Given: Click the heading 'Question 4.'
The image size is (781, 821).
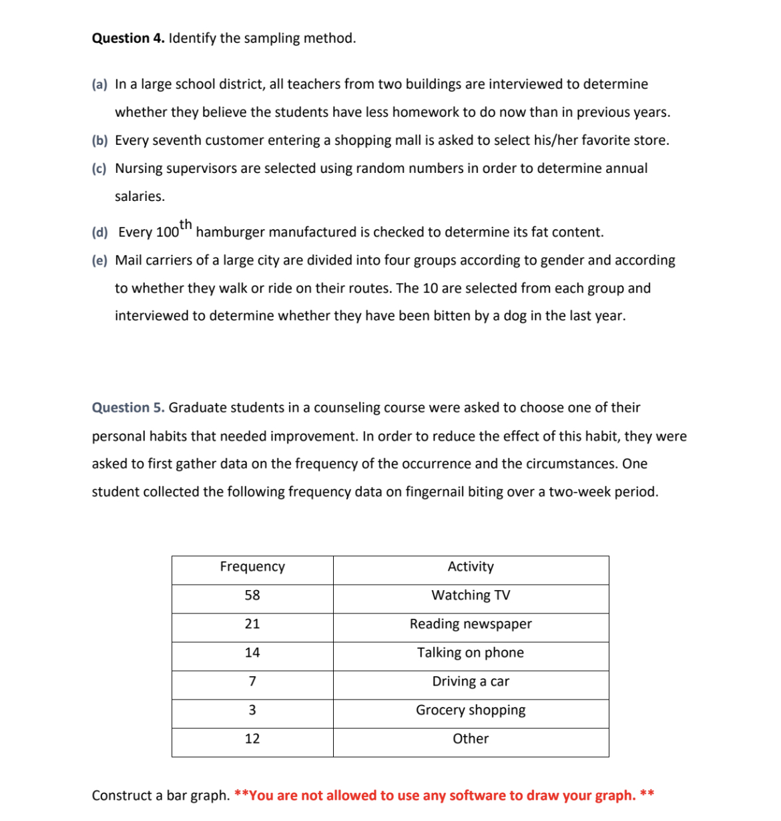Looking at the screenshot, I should (x=127, y=38).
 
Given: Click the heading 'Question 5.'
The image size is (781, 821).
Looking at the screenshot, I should (x=127, y=408).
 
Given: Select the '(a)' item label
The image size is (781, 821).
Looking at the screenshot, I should (x=99, y=85).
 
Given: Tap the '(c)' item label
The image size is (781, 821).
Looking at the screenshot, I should (x=99, y=169).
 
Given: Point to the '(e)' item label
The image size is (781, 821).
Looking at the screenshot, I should (x=99, y=261).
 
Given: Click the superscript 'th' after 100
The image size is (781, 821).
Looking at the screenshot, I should (x=186, y=224).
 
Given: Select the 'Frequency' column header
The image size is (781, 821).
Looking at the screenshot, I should (x=252, y=567).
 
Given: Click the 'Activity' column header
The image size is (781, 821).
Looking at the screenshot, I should (x=471, y=567).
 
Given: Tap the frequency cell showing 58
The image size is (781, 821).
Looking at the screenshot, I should (x=252, y=595).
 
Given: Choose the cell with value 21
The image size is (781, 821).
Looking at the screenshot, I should (x=252, y=624).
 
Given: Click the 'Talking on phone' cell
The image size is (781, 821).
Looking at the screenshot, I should (x=471, y=653).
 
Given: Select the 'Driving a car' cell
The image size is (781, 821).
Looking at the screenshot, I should (x=471, y=681).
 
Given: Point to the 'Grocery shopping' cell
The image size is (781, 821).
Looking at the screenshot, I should (x=471, y=710).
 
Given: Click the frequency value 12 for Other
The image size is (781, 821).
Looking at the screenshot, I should (x=252, y=739).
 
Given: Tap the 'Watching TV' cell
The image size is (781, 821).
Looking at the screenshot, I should (x=471, y=595).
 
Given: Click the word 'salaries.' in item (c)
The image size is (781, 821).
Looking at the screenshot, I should (x=140, y=197).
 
